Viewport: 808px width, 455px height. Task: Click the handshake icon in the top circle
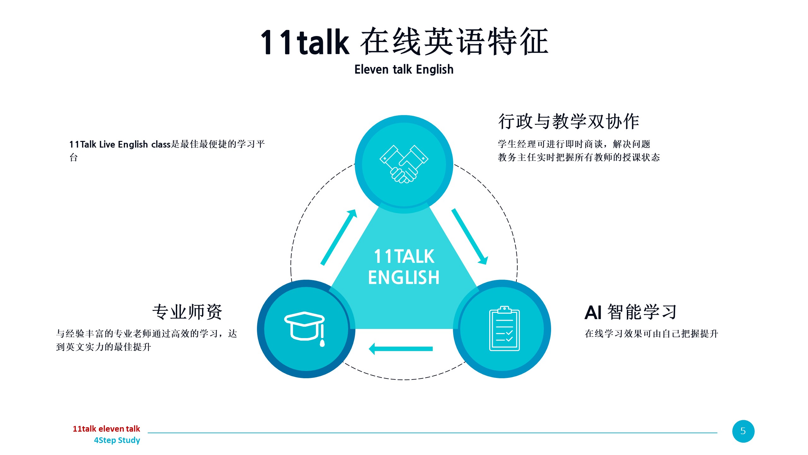(404, 164)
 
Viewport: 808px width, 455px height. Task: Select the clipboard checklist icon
(504, 328)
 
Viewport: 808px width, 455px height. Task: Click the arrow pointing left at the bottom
(401, 349)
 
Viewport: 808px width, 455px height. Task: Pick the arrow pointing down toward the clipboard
(470, 236)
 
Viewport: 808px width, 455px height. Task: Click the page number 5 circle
(743, 431)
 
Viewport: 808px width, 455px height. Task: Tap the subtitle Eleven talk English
(404, 69)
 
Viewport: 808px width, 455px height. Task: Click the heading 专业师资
(187, 312)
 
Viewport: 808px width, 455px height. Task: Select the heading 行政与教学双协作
(569, 121)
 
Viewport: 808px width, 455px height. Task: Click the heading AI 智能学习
(631, 312)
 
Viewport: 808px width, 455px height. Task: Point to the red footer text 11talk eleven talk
(106, 429)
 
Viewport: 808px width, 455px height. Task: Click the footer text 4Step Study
(117, 440)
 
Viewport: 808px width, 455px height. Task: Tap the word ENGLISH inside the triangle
(404, 277)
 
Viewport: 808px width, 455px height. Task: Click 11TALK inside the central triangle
(404, 256)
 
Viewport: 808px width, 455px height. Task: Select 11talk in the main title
(305, 42)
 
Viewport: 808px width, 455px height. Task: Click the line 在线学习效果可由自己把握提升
(651, 334)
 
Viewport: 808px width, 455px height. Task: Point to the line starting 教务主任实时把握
(579, 157)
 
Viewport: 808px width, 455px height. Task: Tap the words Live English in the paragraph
(123, 145)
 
